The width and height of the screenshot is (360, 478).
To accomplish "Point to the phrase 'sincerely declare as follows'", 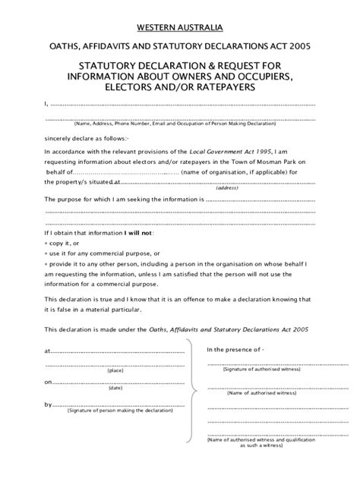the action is [x=87, y=139].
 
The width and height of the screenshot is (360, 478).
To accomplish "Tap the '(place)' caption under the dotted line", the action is [x=115, y=370].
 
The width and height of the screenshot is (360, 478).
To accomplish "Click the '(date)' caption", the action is [x=115, y=388].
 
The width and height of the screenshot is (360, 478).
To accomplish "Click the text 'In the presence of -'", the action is [x=235, y=350].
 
